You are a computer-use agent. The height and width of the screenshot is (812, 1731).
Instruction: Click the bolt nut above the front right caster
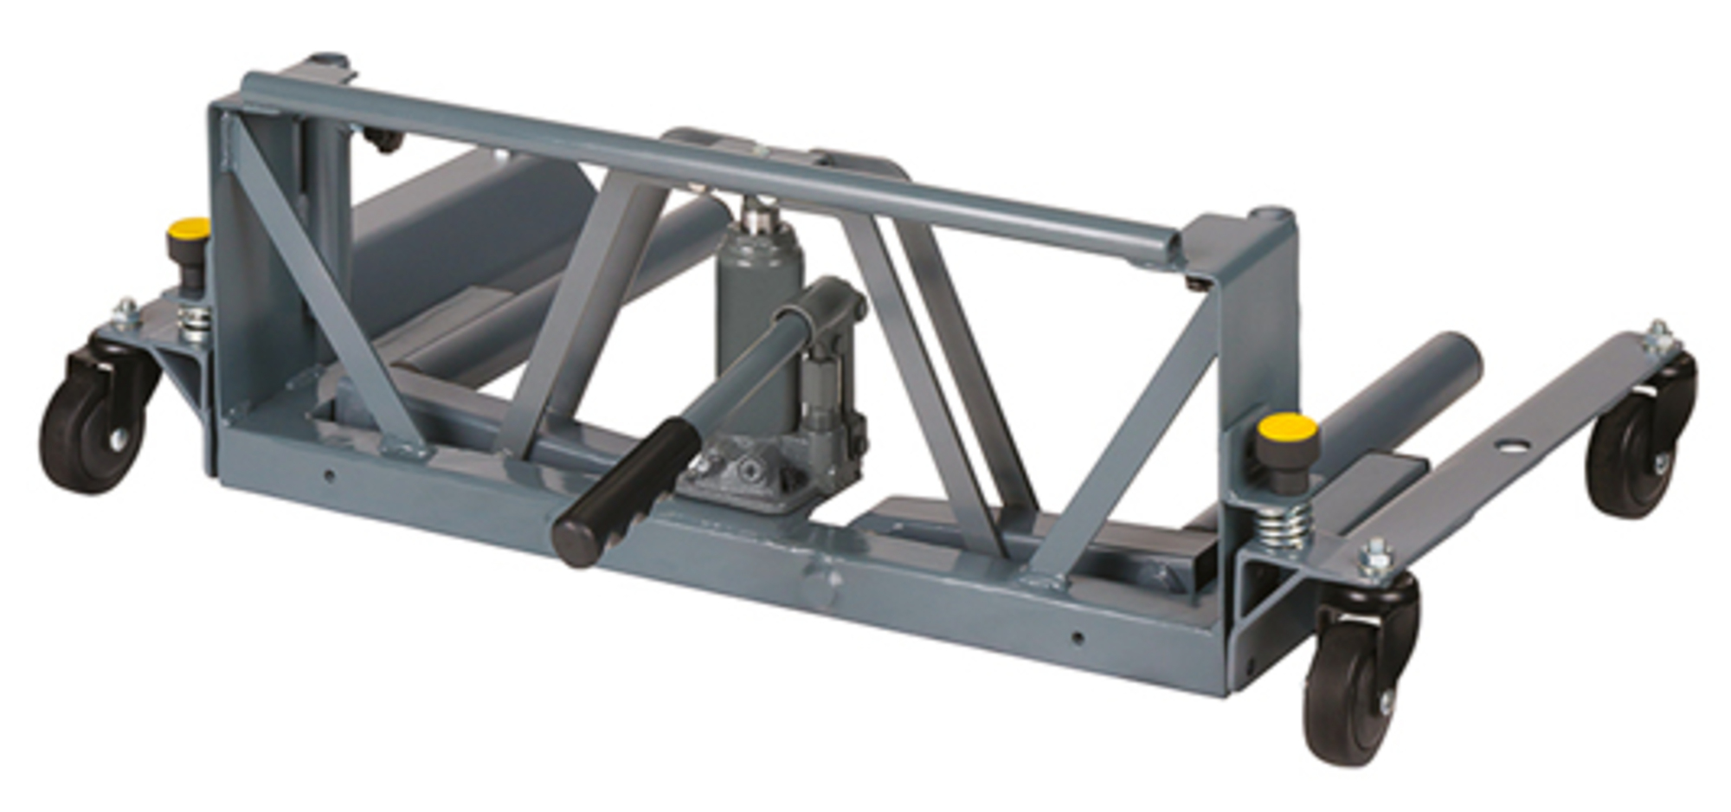coord(1376,554)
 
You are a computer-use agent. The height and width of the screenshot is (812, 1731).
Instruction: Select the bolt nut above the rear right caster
coord(1657,333)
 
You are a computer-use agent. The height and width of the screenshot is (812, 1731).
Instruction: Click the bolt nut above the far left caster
coord(126,312)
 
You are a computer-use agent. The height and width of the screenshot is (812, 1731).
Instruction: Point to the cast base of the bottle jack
coord(762,472)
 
